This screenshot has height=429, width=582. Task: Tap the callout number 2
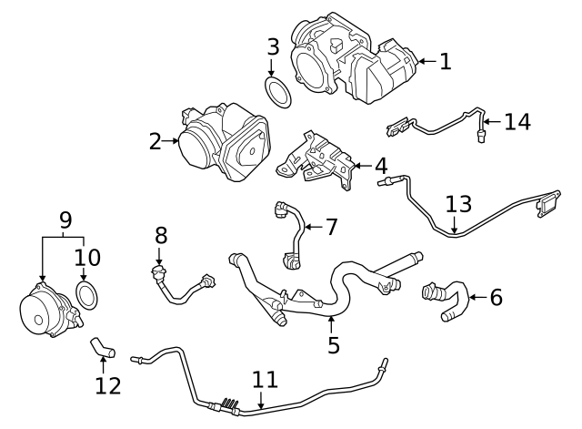(155, 141)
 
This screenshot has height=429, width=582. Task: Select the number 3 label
(272, 46)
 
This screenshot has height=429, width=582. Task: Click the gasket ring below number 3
(277, 93)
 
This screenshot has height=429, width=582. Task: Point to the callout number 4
(380, 167)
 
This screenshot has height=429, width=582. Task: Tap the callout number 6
(496, 297)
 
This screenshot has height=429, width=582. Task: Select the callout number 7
(330, 226)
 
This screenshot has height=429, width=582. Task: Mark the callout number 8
(161, 236)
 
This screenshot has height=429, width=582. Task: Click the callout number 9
(65, 220)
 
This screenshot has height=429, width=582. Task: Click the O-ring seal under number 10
(85, 295)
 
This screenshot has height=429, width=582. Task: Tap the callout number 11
(265, 380)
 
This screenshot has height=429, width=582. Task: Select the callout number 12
(107, 385)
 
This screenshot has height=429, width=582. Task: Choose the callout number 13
(458, 203)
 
